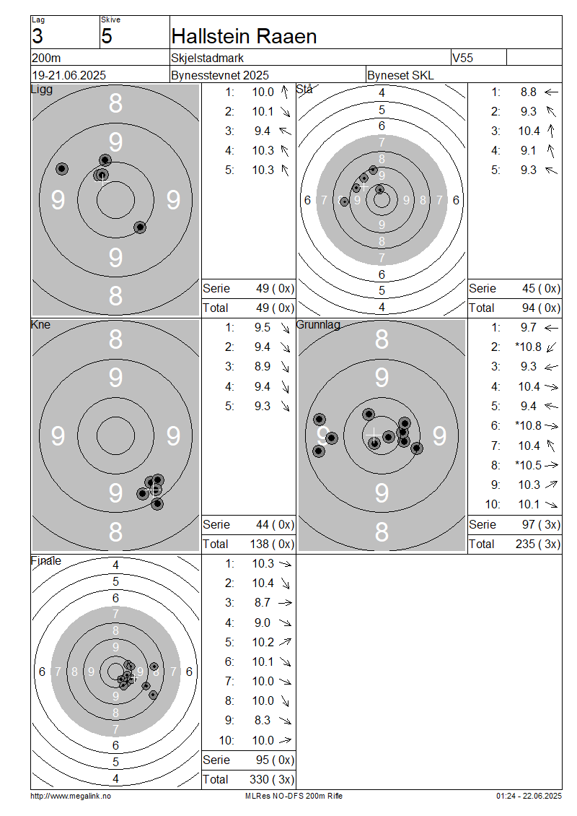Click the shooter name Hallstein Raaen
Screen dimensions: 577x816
click(244, 36)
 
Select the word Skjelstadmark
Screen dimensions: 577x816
click(208, 58)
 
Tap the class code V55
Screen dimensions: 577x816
click(462, 57)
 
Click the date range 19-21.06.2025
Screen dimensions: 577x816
click(69, 75)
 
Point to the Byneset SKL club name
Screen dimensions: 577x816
click(400, 75)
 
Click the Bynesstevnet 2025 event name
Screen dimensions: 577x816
click(220, 75)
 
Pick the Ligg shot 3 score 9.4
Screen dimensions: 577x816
click(263, 131)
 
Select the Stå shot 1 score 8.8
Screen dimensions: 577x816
click(529, 92)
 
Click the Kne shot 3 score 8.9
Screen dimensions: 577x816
click(263, 366)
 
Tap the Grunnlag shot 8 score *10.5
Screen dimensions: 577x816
click(528, 465)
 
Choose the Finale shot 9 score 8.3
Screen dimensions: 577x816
click(263, 720)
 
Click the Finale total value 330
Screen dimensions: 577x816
click(260, 779)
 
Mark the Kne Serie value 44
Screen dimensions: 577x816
click(263, 524)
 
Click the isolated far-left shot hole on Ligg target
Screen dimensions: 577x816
click(62, 168)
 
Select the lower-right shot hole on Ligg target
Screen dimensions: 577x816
click(140, 227)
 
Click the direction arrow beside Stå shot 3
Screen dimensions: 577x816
click(551, 131)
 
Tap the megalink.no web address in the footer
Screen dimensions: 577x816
click(71, 796)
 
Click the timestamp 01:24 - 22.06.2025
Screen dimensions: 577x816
click(529, 796)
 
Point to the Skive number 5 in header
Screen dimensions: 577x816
click(107, 36)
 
